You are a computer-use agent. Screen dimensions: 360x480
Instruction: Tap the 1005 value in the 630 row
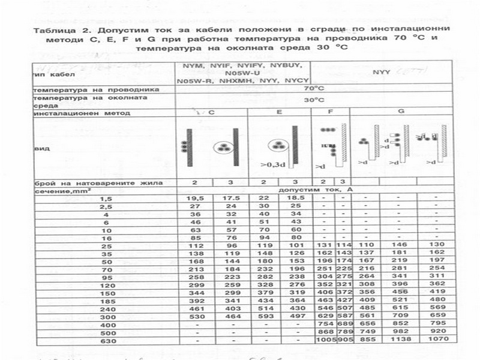click(322, 339)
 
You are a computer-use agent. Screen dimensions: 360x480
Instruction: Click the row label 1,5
click(106, 198)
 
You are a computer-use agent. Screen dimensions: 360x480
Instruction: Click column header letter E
click(279, 112)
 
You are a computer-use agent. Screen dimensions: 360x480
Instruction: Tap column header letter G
click(401, 112)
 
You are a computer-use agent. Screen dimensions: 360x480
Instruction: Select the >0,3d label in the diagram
click(273, 163)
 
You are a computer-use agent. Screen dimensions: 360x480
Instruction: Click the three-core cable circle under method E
click(278, 145)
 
